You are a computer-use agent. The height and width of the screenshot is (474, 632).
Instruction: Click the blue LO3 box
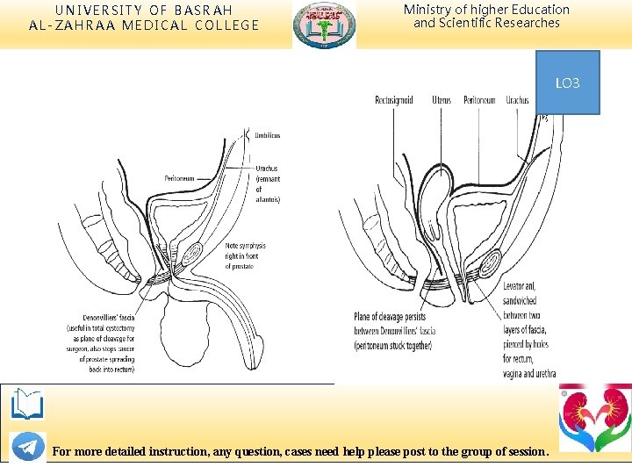(x=567, y=83)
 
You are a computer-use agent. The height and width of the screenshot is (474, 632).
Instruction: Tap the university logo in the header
(x=325, y=25)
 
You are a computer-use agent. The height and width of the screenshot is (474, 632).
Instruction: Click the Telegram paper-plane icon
(x=27, y=446)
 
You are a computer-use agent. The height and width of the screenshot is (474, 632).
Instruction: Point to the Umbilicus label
(x=267, y=135)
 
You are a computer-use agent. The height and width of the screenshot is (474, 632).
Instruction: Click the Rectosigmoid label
(x=394, y=100)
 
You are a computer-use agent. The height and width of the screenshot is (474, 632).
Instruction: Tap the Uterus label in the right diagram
(x=442, y=100)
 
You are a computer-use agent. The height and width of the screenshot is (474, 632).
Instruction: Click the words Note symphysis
(x=245, y=247)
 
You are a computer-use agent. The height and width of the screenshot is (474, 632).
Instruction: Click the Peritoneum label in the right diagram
(x=480, y=100)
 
